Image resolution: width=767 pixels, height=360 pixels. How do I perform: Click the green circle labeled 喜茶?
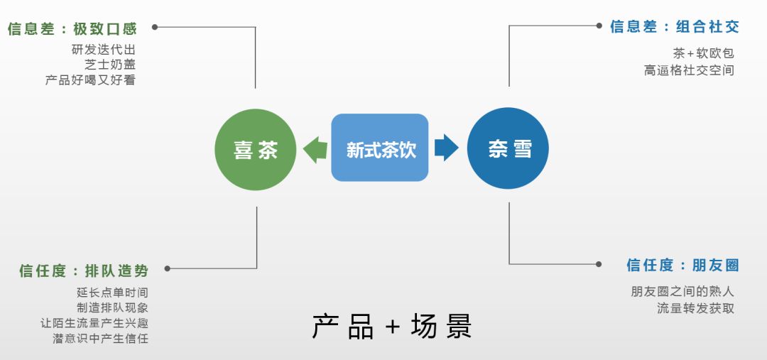point(256,149)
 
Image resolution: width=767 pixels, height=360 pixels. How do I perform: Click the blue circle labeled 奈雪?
point(508,149)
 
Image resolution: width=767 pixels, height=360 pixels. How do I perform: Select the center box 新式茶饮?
point(380,148)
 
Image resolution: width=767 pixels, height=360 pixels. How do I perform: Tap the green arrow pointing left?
point(315,149)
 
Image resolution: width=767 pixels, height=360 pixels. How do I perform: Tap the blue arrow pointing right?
point(446,148)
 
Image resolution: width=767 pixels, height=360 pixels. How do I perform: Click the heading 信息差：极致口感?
point(72,29)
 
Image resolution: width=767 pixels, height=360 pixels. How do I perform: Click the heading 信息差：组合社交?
point(674,27)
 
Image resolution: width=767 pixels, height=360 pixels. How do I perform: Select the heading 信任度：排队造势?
point(84,271)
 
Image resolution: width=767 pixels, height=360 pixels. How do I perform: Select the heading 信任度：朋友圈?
point(682,266)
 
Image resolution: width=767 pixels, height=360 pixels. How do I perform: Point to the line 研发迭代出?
point(103,50)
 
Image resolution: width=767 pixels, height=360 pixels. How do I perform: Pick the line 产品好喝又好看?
point(90,80)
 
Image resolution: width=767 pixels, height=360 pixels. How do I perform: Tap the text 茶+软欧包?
point(703,53)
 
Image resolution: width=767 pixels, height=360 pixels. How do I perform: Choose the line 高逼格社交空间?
point(689,70)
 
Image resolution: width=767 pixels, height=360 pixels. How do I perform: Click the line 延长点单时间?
point(112,293)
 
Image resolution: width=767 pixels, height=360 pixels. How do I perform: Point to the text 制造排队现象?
point(112,307)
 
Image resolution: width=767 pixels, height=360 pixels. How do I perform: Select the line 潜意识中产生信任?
point(100,339)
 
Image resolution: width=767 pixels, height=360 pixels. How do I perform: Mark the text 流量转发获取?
point(695,308)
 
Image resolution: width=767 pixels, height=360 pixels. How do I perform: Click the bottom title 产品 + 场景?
point(392,327)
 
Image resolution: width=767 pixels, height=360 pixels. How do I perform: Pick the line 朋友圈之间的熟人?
point(682,291)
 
